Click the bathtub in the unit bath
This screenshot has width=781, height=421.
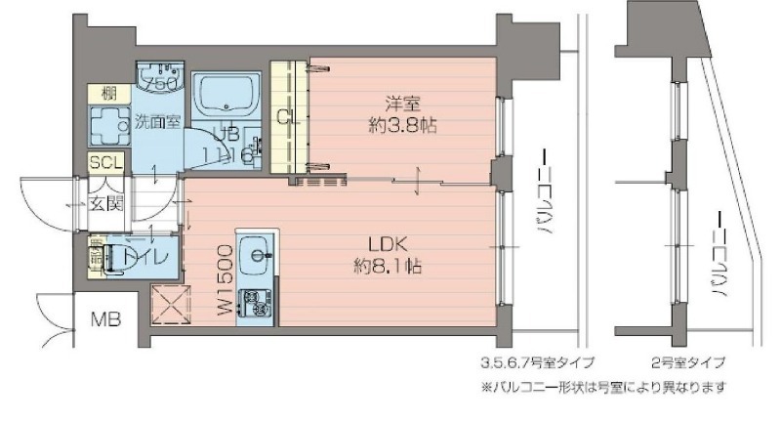click(226, 98)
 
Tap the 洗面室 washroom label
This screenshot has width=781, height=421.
click(157, 123)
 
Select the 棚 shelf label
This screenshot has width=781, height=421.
click(102, 94)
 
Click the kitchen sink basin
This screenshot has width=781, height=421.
click(259, 254)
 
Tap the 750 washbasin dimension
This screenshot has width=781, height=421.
click(159, 86)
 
